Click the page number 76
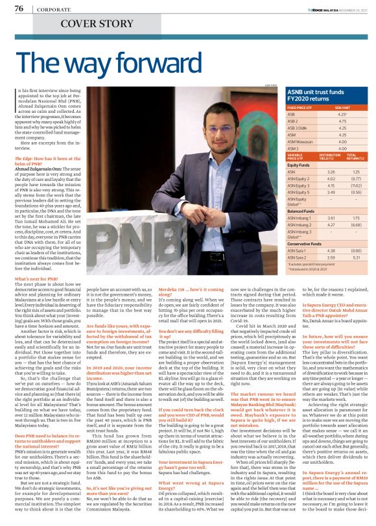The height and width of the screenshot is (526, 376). [19, 8]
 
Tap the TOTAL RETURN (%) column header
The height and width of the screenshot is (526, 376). [355, 156]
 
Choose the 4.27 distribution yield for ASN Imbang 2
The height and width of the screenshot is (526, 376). [333, 224]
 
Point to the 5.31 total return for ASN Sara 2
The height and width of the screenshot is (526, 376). [355, 258]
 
